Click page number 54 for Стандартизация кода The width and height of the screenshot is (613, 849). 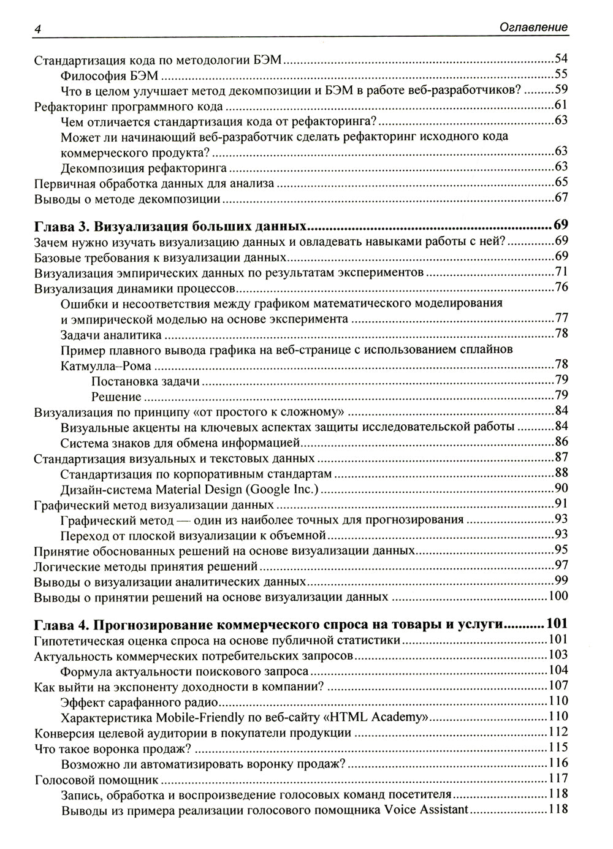[x=560, y=59]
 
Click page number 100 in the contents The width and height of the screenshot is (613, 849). [x=558, y=596]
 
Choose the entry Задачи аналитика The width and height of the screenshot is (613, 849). [x=111, y=335]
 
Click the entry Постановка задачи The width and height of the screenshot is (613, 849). [x=145, y=381]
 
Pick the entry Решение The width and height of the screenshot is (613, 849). [x=116, y=397]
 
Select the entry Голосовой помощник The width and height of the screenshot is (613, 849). [x=96, y=780]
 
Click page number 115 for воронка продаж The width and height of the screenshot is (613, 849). [x=558, y=748]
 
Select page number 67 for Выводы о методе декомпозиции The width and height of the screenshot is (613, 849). [x=560, y=198]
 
